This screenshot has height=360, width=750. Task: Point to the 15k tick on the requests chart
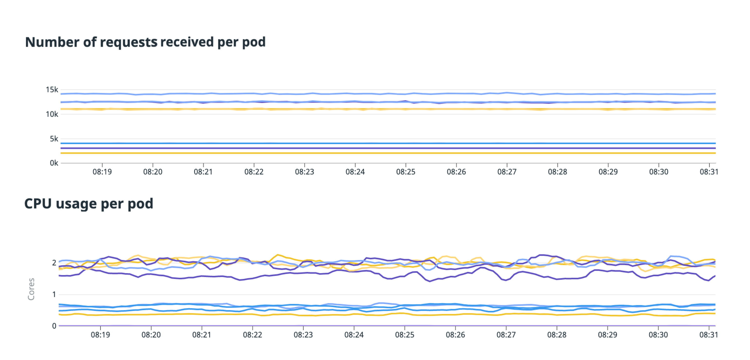click(x=52, y=90)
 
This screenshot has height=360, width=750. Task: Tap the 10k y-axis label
click(x=52, y=114)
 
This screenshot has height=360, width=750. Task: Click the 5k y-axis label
click(x=54, y=139)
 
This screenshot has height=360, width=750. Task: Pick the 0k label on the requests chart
click(x=54, y=163)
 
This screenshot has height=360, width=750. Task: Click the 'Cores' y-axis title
click(x=31, y=289)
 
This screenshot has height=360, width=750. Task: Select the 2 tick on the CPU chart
click(x=54, y=263)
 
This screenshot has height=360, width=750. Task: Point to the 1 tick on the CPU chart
click(x=54, y=294)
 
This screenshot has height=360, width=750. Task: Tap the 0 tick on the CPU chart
click(x=54, y=326)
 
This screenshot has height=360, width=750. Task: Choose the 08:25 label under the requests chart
click(x=406, y=172)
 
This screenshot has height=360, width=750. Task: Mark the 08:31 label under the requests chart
click(x=709, y=172)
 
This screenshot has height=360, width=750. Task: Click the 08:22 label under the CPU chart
click(x=253, y=335)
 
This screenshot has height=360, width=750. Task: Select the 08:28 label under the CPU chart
click(x=557, y=335)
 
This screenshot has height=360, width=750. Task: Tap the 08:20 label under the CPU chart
click(x=151, y=335)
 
